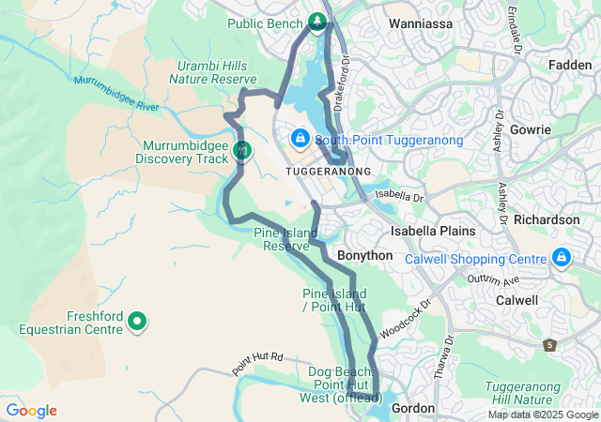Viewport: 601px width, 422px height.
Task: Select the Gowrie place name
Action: pyautogui.click(x=532, y=128)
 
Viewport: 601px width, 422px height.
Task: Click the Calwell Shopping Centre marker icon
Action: pyautogui.click(x=561, y=256)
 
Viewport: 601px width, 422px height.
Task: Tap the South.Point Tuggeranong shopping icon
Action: pyautogui.click(x=300, y=139)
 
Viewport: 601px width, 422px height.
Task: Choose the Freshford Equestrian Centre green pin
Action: pyautogui.click(x=138, y=322)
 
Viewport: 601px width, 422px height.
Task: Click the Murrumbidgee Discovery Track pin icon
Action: pyautogui.click(x=242, y=149)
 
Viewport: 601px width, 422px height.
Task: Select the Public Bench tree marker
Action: pyautogui.click(x=317, y=22)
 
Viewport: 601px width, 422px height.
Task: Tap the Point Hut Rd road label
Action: pyautogui.click(x=258, y=362)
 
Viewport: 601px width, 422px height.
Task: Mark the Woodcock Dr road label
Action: pyautogui.click(x=404, y=320)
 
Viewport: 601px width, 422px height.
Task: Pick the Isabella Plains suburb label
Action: pyautogui.click(x=433, y=230)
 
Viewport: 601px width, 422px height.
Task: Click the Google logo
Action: pyautogui.click(x=31, y=411)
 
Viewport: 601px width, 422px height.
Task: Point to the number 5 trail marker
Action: pyautogui.click(x=549, y=345)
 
